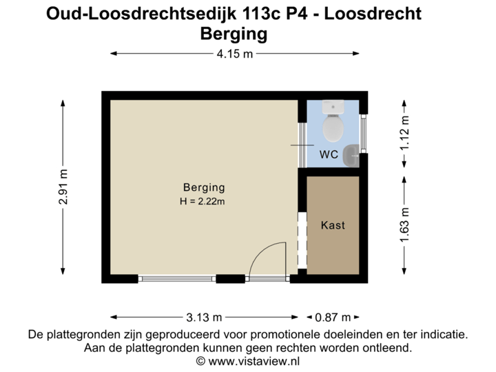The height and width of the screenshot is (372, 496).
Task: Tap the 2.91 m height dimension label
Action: click(x=63, y=187)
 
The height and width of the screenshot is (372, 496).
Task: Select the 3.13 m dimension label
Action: click(x=204, y=318)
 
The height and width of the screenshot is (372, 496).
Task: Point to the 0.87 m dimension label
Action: click(x=333, y=318)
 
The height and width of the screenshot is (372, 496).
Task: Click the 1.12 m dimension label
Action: click(x=404, y=133)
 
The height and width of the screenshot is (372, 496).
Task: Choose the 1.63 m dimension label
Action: click(x=404, y=225)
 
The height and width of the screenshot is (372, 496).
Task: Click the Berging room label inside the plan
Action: click(x=204, y=187)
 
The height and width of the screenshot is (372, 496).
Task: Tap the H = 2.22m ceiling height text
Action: click(x=204, y=201)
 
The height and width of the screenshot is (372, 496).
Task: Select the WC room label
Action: click(x=329, y=154)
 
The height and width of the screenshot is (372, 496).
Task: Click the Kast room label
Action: click(x=333, y=225)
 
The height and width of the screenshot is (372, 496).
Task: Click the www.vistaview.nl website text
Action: click(x=254, y=361)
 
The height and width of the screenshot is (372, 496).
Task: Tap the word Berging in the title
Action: click(x=234, y=33)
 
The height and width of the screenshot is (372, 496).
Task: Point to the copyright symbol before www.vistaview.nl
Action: click(x=200, y=361)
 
